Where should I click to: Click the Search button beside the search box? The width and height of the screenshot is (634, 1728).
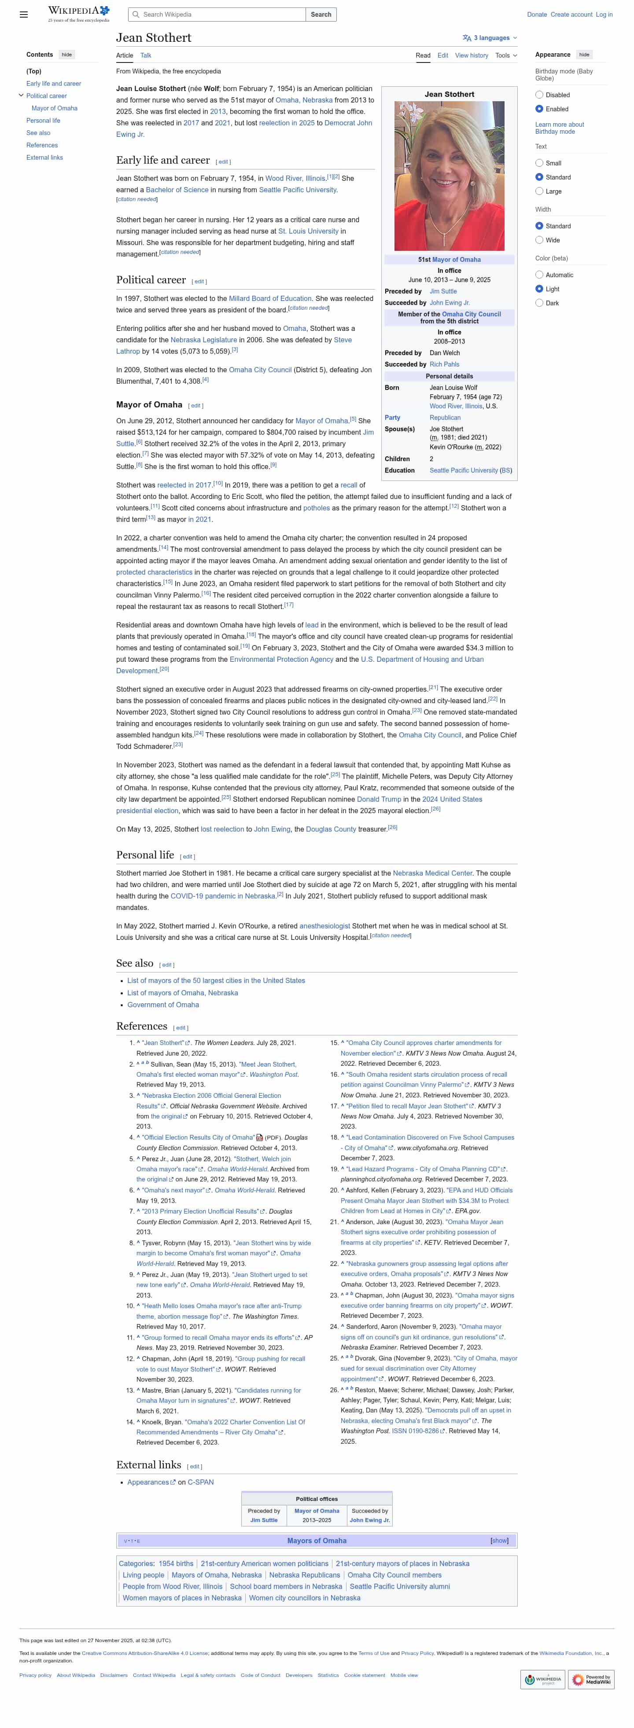coord(321,14)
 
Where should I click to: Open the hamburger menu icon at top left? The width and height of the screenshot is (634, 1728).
coord(23,14)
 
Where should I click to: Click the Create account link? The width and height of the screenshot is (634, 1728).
coord(571,14)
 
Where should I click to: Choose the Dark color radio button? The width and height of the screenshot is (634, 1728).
coord(539,303)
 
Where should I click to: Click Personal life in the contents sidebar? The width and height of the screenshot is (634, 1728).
coord(43,121)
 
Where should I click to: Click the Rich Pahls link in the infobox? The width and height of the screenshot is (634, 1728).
coord(444,364)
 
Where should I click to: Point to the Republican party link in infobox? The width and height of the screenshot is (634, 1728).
coord(445,417)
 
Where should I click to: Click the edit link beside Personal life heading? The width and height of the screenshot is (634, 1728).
coord(187,857)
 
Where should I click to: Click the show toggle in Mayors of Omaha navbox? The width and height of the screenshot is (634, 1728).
coord(499,1541)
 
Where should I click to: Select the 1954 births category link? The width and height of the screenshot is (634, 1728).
coord(176,1564)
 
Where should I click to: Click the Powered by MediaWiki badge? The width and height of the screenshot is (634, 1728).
coord(591,1679)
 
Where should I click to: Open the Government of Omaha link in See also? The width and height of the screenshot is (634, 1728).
coord(163,1005)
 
